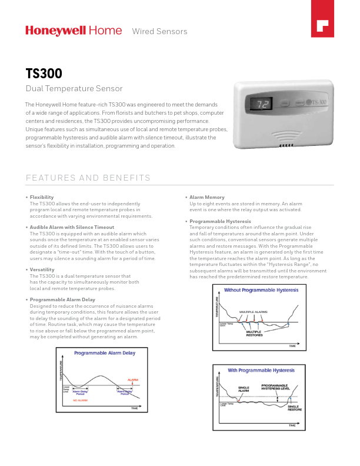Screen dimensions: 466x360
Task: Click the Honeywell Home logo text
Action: coord(74,31)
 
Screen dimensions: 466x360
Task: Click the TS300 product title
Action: coord(44,74)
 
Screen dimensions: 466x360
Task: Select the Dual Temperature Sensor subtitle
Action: coord(74,89)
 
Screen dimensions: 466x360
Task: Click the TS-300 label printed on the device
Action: coord(318,102)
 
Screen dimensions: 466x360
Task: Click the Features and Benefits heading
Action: coord(88,178)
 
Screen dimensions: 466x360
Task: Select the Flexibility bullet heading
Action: coord(42,197)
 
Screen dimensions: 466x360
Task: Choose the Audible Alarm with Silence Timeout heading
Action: coord(72,227)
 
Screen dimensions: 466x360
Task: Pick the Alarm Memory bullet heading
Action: coord(206,197)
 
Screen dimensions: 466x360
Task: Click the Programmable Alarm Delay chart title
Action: coord(104,353)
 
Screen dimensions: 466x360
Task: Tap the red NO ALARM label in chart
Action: coord(80,400)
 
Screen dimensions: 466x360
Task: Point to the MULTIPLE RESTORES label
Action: coord(254,333)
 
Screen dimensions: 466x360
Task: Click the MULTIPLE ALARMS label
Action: coord(253,311)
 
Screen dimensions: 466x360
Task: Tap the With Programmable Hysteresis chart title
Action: coord(261,370)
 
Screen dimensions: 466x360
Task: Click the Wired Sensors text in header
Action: coord(159,31)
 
